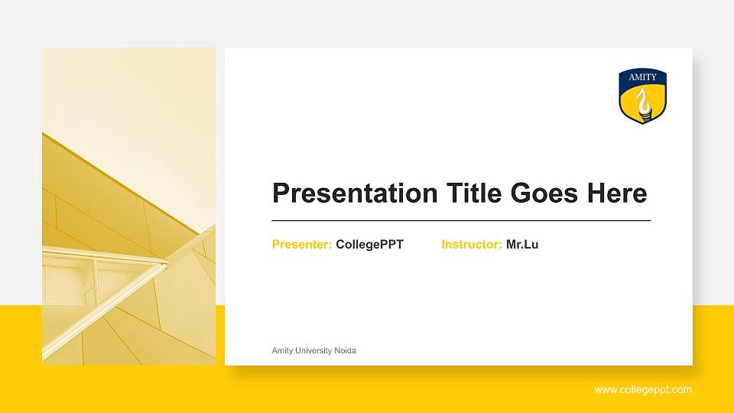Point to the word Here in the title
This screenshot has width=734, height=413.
pyautogui.click(x=616, y=193)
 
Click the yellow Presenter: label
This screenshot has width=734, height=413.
pyautogui.click(x=301, y=245)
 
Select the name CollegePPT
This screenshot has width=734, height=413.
pyautogui.click(x=369, y=245)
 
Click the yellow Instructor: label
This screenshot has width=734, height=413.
pyautogui.click(x=471, y=245)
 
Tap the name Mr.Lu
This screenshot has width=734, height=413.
pyautogui.click(x=522, y=245)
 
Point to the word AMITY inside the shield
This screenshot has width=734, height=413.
pyautogui.click(x=642, y=78)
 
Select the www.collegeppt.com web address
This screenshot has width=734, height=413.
pyautogui.click(x=643, y=390)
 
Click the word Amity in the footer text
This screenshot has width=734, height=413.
pyautogui.click(x=283, y=350)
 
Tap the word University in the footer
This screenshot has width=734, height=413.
pyautogui.click(x=315, y=350)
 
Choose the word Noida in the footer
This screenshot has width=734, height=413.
pyautogui.click(x=346, y=350)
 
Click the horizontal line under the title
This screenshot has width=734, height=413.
pyautogui.click(x=461, y=220)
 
